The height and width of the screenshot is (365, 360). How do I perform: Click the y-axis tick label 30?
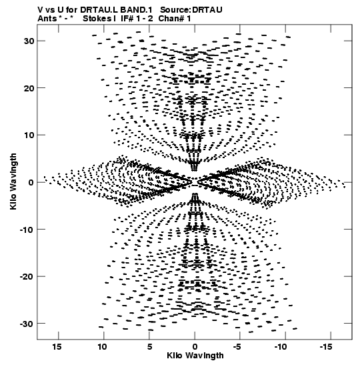tap(29, 41)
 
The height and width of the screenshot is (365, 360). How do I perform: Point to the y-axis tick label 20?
tap(29, 88)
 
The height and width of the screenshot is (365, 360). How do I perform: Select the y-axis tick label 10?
tap(29, 135)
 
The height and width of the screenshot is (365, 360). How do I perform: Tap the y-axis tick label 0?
tap(31, 182)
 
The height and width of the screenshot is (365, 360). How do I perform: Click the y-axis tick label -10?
tap(27, 230)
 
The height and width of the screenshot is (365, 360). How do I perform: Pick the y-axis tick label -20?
tap(27, 276)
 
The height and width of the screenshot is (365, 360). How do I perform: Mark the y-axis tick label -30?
tap(27, 324)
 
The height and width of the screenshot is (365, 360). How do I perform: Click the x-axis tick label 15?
tap(57, 347)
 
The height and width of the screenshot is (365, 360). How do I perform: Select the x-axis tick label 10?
tap(102, 347)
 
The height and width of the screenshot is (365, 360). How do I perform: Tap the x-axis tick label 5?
tap(149, 347)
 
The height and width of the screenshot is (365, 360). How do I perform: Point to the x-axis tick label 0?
tap(195, 347)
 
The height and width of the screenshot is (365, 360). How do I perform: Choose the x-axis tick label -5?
tap(237, 347)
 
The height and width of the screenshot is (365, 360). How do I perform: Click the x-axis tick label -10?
tap(281, 347)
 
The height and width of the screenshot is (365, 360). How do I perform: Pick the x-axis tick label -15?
tap(326, 347)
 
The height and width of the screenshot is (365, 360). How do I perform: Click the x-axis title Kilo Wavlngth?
tap(195, 356)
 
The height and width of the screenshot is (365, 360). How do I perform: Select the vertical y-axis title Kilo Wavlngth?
tap(13, 181)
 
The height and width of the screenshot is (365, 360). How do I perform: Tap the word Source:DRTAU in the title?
tap(191, 10)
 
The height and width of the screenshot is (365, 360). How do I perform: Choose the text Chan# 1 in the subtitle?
tap(175, 19)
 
